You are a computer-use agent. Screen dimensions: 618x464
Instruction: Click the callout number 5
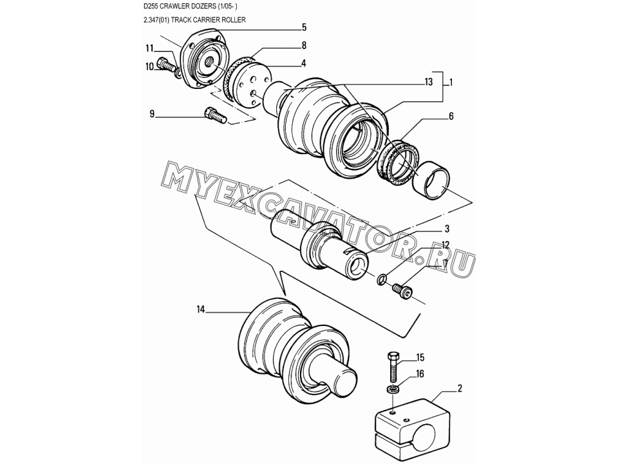[x=304, y=27]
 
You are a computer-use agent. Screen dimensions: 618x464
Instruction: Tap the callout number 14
[x=201, y=310]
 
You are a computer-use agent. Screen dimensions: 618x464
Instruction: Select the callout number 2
[x=459, y=388]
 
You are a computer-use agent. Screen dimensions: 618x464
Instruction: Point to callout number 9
[x=152, y=115]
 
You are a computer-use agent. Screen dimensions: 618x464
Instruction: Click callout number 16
[x=420, y=373]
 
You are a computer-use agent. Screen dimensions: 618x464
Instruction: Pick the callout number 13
[x=429, y=82]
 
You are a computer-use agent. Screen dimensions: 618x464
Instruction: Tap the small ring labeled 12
[x=381, y=279]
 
